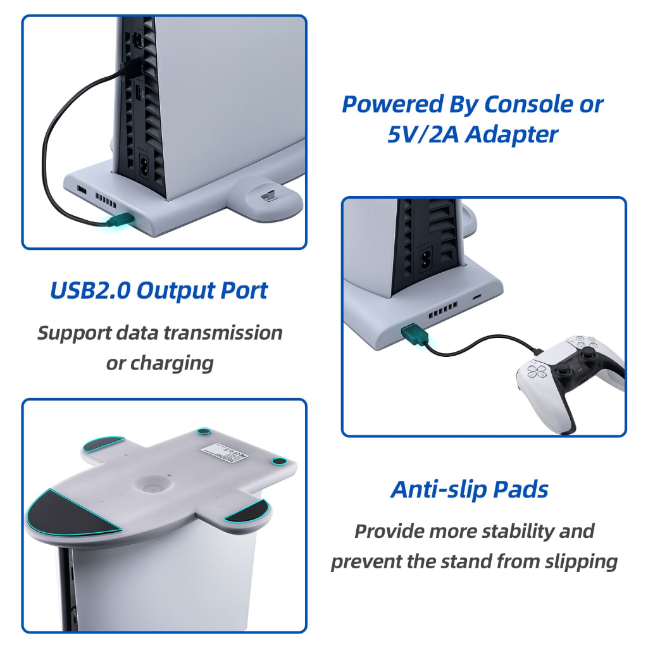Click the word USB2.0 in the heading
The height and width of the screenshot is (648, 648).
(90, 290)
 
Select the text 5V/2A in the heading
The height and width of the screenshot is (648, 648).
(423, 135)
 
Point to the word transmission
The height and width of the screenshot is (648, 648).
(226, 333)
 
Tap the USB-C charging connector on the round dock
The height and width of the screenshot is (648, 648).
(267, 194)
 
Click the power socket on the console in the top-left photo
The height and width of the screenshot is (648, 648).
(146, 166)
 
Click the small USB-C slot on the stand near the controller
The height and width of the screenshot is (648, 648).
(477, 297)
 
